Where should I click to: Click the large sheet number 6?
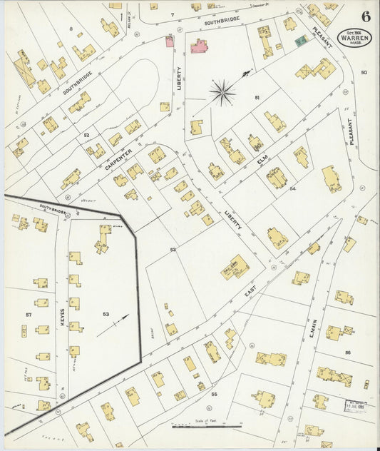[365, 15]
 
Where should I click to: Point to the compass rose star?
[222, 92]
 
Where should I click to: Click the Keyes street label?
[63, 317]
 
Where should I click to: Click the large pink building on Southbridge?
[198, 47]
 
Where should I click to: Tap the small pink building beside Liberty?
[170, 41]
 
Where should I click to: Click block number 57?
[29, 314]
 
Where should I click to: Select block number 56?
[348, 353]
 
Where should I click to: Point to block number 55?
[213, 393]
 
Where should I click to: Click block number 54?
[292, 189]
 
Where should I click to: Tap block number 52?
[86, 134]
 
